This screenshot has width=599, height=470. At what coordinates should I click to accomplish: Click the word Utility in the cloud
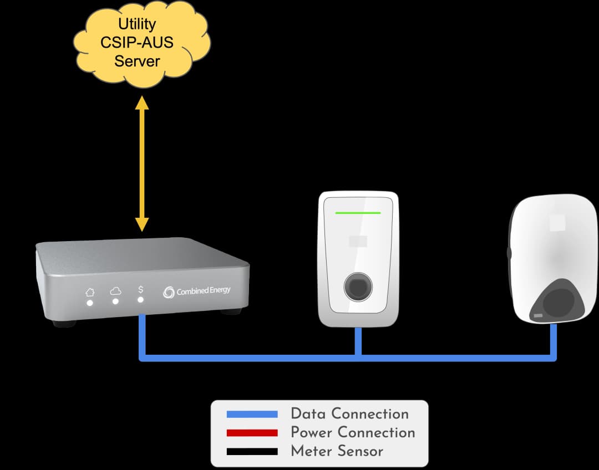(137, 24)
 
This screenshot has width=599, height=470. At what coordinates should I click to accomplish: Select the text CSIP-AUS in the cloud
(137, 43)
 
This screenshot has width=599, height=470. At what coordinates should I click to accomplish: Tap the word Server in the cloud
(137, 61)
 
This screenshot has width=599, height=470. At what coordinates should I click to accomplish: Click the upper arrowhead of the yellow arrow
(142, 103)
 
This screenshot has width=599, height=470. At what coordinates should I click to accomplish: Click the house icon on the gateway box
(89, 292)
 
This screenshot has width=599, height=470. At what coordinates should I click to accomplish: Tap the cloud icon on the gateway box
(115, 290)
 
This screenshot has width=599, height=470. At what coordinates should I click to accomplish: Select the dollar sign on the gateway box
(140, 289)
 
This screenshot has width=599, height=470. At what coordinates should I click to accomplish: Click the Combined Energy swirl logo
(169, 292)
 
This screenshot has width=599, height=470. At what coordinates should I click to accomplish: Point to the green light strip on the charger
(358, 212)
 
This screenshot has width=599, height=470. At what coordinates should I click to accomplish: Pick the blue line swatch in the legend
(252, 414)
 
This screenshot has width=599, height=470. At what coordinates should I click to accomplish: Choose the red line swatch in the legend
(252, 433)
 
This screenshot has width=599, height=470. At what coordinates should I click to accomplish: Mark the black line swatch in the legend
(252, 451)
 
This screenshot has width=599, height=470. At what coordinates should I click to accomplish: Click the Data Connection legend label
(349, 414)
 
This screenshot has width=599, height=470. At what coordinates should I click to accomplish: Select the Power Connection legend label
(353, 432)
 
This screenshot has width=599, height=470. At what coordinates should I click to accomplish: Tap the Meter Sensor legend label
(337, 451)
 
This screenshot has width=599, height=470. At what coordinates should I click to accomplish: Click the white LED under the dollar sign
(140, 300)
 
